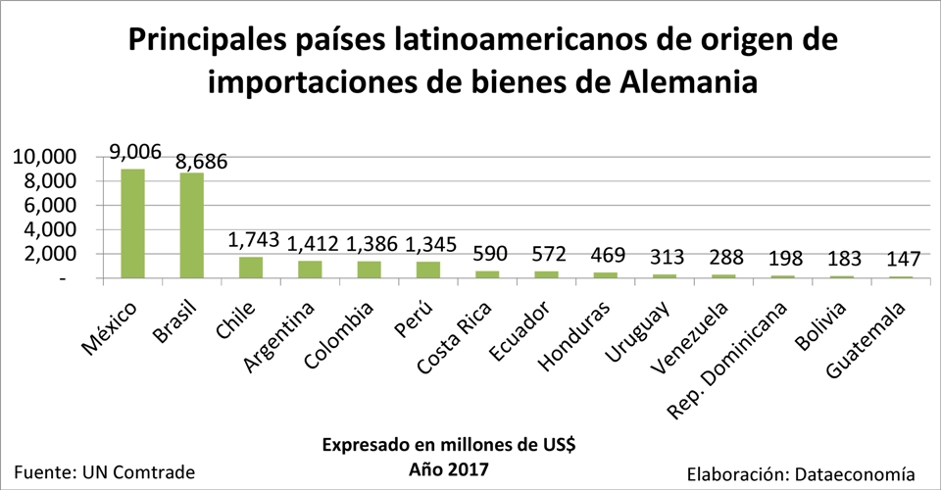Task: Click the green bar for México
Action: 132,223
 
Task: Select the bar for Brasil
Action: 191,225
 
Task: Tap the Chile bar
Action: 251,268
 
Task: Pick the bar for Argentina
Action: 310,269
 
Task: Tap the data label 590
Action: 486,254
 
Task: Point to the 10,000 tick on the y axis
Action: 43,157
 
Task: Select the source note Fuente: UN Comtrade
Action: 105,471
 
